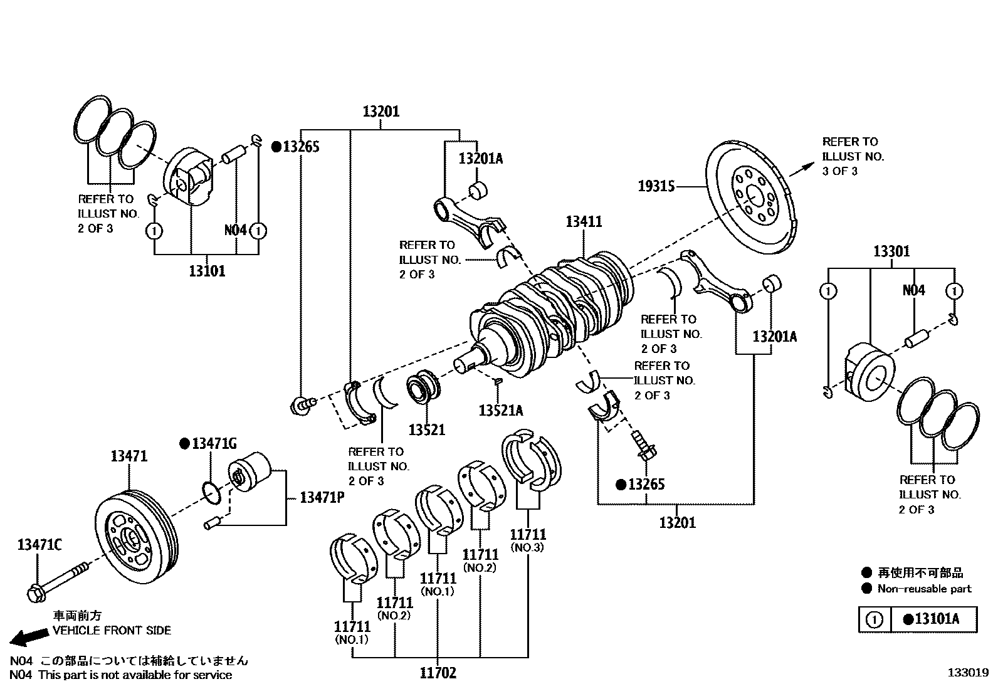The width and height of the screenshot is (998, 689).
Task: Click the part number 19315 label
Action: pyautogui.click(x=656, y=186)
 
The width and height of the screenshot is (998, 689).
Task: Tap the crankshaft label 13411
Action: pyautogui.click(x=584, y=221)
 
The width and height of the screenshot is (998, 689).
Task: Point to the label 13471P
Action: pyautogui.click(x=322, y=497)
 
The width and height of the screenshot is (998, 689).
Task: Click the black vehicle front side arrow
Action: pyautogui.click(x=28, y=637)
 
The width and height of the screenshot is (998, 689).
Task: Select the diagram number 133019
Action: pyautogui.click(x=967, y=672)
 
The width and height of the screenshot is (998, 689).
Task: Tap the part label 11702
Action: pyautogui.click(x=438, y=673)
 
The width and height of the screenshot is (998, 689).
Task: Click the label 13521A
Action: pyautogui.click(x=500, y=410)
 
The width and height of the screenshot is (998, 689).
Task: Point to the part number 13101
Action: pyautogui.click(x=207, y=271)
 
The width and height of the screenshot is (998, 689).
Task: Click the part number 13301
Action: pyautogui.click(x=891, y=251)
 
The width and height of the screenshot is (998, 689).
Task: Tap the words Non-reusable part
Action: pyautogui.click(x=924, y=589)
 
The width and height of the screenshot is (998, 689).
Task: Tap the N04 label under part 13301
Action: pyautogui.click(x=913, y=290)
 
